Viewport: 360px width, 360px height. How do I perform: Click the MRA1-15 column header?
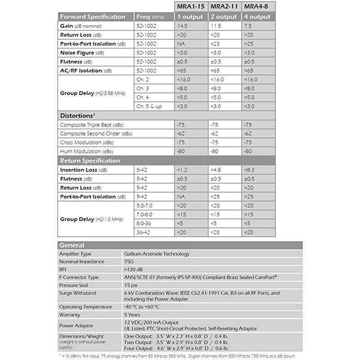pos(191,7)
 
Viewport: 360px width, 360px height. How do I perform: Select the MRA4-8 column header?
pos(258,7)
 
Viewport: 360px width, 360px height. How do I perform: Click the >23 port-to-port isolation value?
pos(217,44)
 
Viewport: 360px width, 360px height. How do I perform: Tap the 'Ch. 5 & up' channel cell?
pos(149,106)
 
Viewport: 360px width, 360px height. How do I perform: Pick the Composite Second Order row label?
pos(96,134)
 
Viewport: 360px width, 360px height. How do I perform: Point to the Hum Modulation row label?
pos(87,152)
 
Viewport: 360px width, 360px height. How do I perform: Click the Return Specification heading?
pos(90,161)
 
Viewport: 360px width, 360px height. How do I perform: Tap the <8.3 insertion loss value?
pos(249,170)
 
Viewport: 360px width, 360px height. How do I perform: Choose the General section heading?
pos(72,245)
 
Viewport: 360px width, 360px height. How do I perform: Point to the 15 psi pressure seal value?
pos(131,285)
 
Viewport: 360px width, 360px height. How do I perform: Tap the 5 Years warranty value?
pos(133,315)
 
